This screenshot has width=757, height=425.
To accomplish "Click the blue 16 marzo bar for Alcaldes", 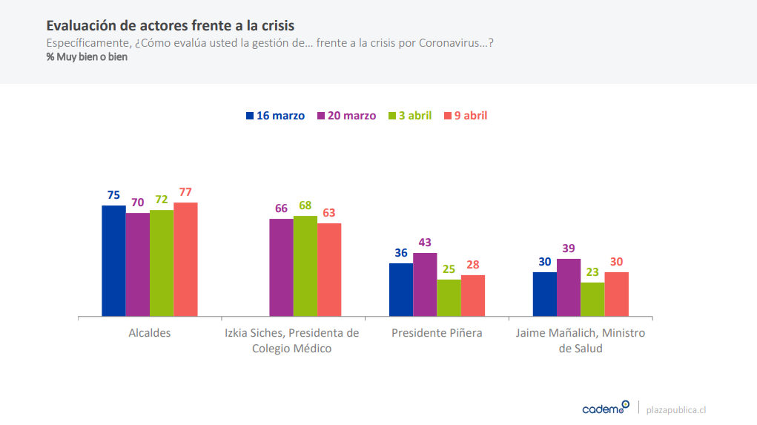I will coord(113,260).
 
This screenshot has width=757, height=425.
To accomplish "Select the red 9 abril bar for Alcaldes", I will coord(185,259).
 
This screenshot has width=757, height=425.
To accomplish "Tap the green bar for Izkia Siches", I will coord(305,266).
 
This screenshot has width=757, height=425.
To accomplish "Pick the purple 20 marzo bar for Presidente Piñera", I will coord(425,284).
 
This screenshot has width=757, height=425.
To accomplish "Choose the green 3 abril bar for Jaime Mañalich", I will coord(592,299).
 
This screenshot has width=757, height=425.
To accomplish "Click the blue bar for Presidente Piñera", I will coord(401,289).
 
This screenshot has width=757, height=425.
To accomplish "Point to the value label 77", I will coord(185,192).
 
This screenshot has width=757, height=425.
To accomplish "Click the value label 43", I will coord(425,243).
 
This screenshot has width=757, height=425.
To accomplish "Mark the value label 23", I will coord(592,272).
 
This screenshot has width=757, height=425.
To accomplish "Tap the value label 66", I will coord(281,208).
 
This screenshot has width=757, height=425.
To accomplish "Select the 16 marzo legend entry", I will coord(275,116).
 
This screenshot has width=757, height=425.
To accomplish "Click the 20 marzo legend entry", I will coord(346,116).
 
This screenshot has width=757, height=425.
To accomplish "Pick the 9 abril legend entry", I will coord(465,116).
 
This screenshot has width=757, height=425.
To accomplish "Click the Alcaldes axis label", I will coord(150,333).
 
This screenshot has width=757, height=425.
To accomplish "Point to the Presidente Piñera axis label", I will coord(437,333).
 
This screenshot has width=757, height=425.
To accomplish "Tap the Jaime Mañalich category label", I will coord(581,340).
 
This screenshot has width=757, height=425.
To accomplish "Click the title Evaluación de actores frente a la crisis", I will coord(171,26).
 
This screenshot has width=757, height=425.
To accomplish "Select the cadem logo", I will coord(605,408).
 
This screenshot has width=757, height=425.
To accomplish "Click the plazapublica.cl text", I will coord(676,409).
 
